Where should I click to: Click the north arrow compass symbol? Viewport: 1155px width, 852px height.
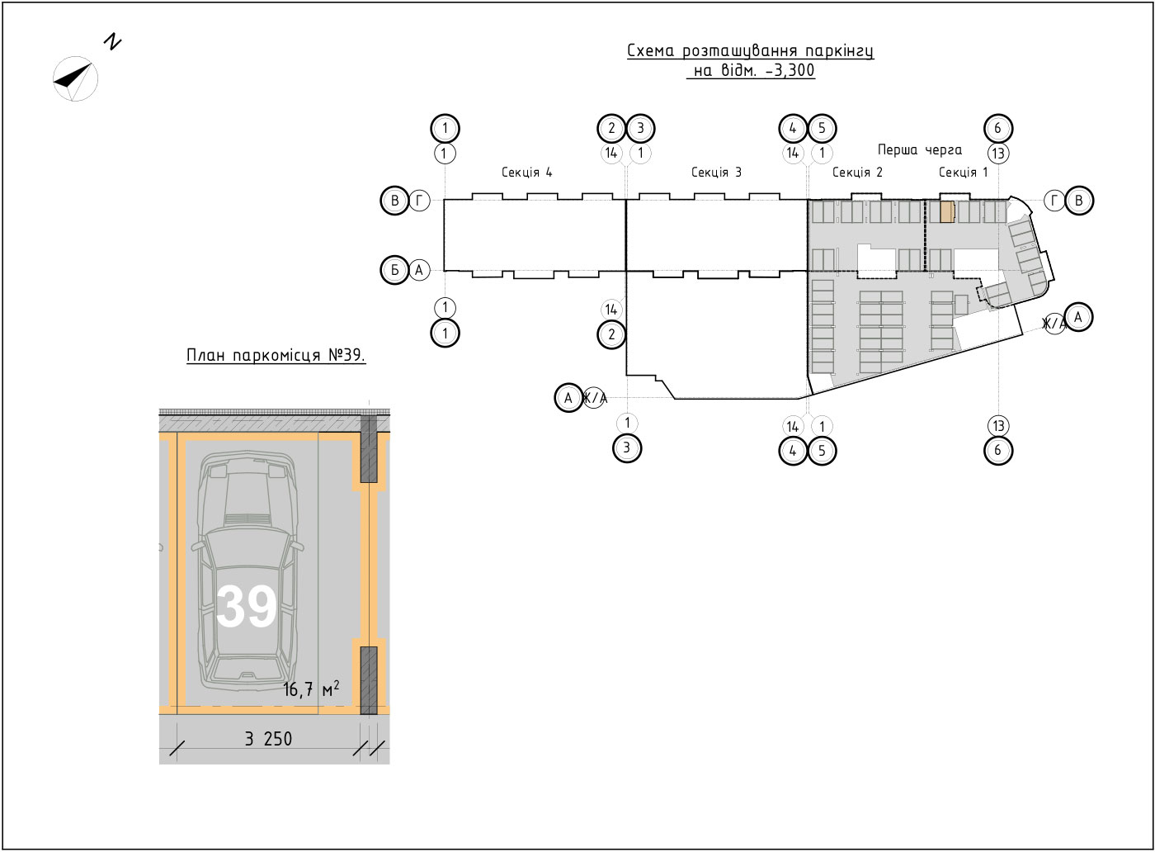click(x=75, y=78)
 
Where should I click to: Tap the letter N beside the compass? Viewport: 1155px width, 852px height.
click(x=112, y=42)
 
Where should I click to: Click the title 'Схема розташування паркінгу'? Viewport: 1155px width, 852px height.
click(x=750, y=51)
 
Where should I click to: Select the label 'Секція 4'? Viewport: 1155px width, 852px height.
click(x=527, y=172)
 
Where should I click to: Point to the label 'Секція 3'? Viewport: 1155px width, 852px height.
click(x=716, y=172)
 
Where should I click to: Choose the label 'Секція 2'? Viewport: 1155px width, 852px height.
click(x=857, y=172)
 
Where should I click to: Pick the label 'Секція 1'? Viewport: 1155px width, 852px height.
click(x=964, y=172)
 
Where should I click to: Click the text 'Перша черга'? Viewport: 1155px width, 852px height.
click(x=920, y=150)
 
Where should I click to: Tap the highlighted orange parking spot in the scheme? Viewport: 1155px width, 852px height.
click(x=948, y=212)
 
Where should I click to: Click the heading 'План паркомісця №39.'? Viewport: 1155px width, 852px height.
click(x=276, y=355)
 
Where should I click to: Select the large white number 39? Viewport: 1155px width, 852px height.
click(x=247, y=607)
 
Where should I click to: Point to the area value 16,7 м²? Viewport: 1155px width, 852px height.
click(x=311, y=689)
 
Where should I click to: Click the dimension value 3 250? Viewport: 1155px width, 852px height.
click(x=268, y=739)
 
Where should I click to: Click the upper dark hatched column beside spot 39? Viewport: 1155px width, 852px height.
click(x=368, y=449)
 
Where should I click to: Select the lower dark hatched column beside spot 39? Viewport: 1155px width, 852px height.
click(x=368, y=680)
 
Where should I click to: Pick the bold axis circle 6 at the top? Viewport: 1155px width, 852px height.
click(x=998, y=128)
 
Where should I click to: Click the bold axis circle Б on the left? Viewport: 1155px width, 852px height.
click(x=395, y=270)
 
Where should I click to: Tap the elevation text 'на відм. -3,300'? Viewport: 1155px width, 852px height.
click(x=752, y=70)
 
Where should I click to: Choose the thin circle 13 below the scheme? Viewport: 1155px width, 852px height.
click(x=998, y=426)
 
